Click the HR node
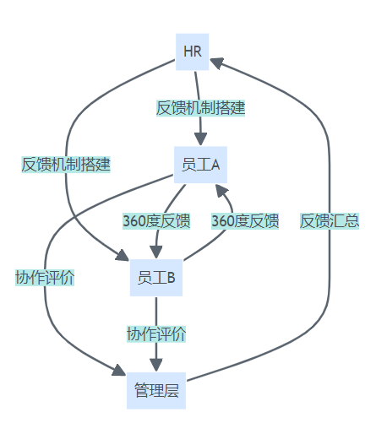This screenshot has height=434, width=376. (x=193, y=52)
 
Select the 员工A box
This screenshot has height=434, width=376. (x=200, y=165)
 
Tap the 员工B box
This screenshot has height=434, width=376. (x=156, y=278)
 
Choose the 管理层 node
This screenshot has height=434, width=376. (x=156, y=391)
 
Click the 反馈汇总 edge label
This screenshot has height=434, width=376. (x=330, y=221)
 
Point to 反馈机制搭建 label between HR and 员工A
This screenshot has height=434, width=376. (x=200, y=108)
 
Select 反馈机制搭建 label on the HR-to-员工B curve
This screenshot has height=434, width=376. (x=66, y=165)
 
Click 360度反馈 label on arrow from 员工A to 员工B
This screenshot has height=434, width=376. (x=156, y=221)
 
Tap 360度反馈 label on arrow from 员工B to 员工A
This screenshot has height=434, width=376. (x=245, y=221)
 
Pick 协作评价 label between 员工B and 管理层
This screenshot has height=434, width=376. (x=156, y=334)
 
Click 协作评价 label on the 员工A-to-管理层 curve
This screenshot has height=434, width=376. (x=45, y=278)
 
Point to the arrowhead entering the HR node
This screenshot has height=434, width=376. (x=216, y=62)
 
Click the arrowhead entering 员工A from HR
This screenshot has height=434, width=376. (x=200, y=139)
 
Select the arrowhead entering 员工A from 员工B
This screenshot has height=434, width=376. (x=221, y=190)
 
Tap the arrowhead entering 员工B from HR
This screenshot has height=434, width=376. (x=123, y=255)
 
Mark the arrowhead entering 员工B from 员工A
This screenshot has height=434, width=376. (x=156, y=252)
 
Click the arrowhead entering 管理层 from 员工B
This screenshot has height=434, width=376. (x=156, y=365)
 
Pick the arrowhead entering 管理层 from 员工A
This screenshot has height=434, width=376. (x=119, y=371)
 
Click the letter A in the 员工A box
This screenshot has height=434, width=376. (x=215, y=165)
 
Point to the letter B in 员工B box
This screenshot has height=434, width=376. (x=172, y=278)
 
